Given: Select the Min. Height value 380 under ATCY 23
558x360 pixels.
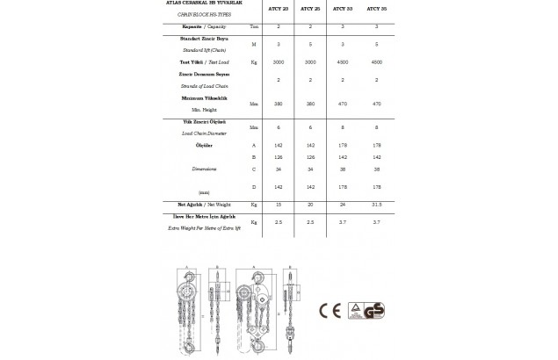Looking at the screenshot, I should click(x=279, y=104).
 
